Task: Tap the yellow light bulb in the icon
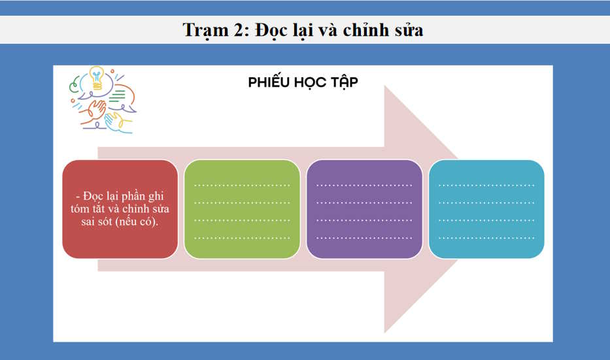tap(97, 76)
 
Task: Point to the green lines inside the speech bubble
tap(118, 97)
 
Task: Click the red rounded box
tap(120, 208)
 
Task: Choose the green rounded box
tap(242, 208)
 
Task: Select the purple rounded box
tap(364, 208)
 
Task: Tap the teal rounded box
tap(486, 208)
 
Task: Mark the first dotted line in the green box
tap(242, 186)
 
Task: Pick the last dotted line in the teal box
tap(486, 237)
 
